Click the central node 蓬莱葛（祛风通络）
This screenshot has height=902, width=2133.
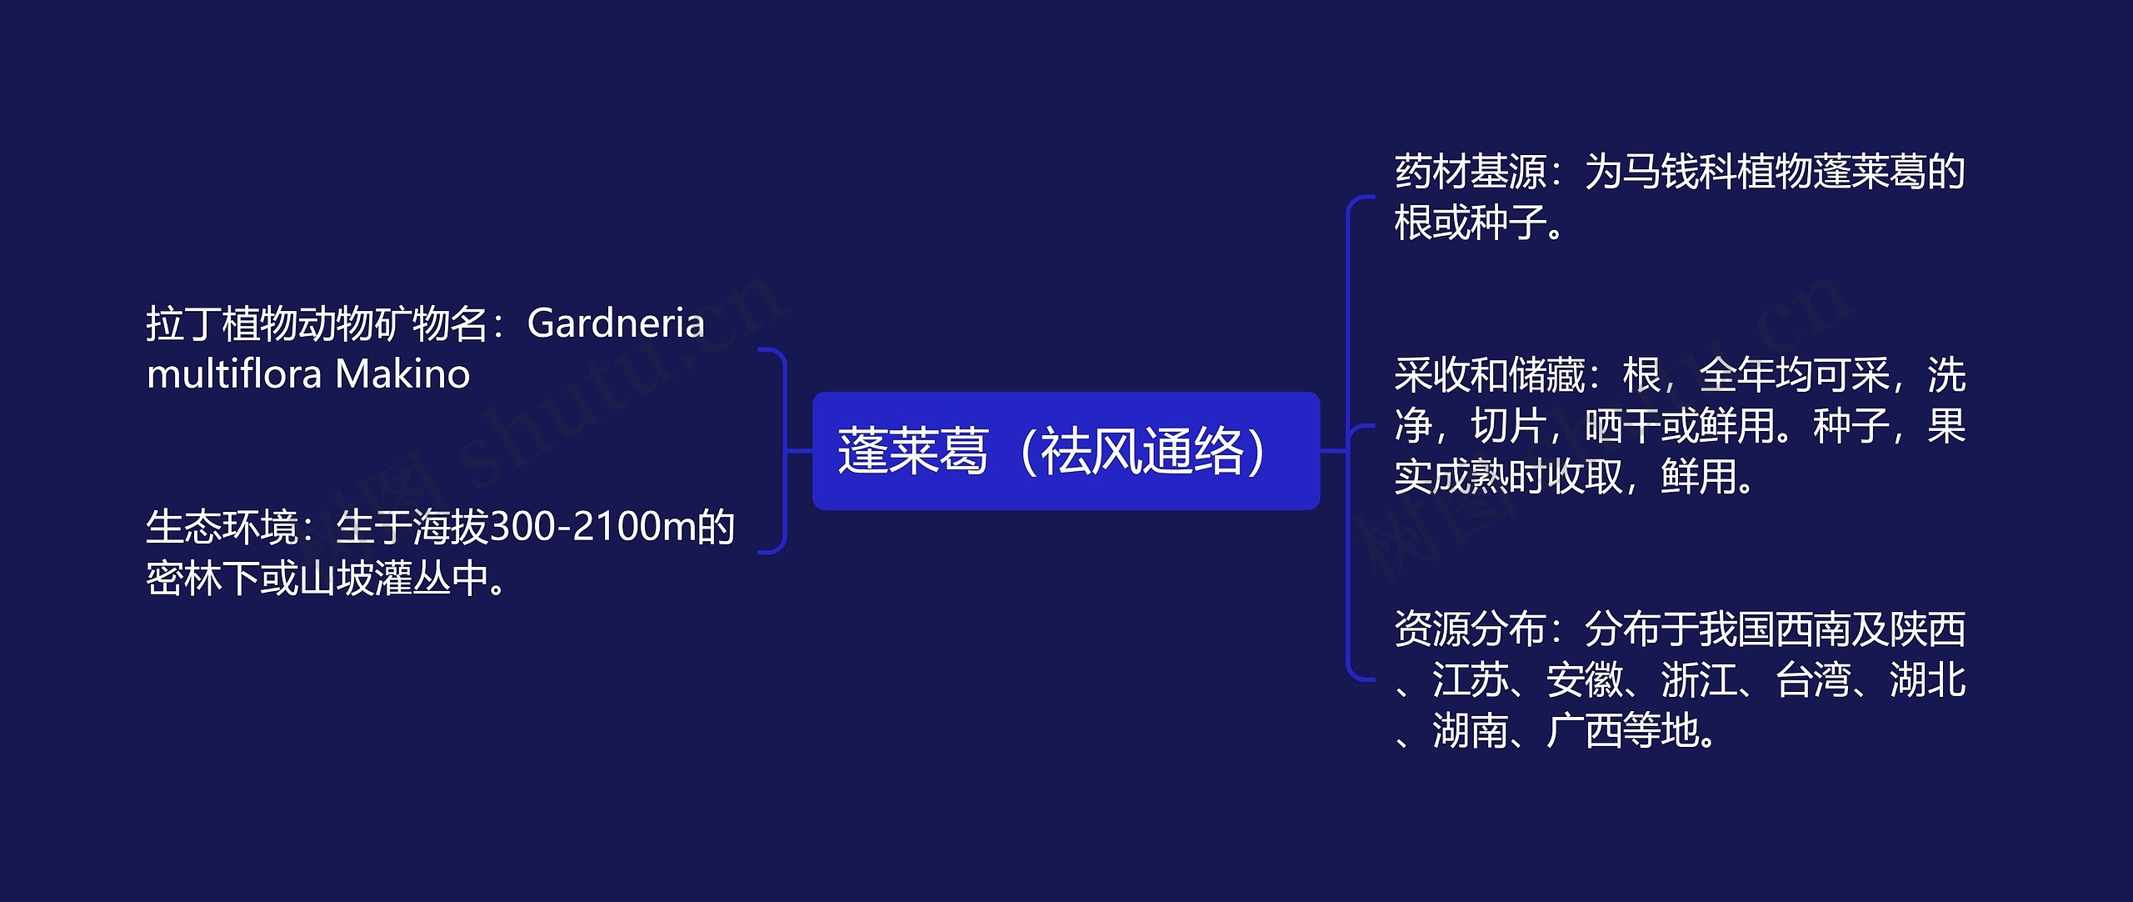pyautogui.click(x=1066, y=450)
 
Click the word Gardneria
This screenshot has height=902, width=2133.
pyautogui.click(x=616, y=323)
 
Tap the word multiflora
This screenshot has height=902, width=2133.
pyautogui.click(x=233, y=373)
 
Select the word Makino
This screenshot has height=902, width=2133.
pyautogui.click(x=402, y=374)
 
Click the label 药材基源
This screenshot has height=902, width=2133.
pyautogui.click(x=1471, y=172)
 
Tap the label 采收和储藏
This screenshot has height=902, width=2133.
pyautogui.click(x=1490, y=375)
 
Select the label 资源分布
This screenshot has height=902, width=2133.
pyautogui.click(x=1471, y=629)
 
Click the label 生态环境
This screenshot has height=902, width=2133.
pyautogui.click(x=222, y=527)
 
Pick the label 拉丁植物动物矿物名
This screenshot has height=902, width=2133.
pyautogui.click(x=317, y=323)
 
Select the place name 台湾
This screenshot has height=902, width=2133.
pyautogui.click(x=1813, y=679)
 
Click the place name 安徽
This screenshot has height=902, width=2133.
pyautogui.click(x=1585, y=679)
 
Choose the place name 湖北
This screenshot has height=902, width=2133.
pyautogui.click(x=1928, y=679)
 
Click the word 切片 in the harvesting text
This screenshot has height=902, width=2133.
pyautogui.click(x=1509, y=426)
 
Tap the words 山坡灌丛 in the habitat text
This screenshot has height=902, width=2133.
pyautogui.click(x=375, y=579)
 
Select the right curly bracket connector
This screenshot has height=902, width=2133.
pyautogui.click(x=1348, y=437)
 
